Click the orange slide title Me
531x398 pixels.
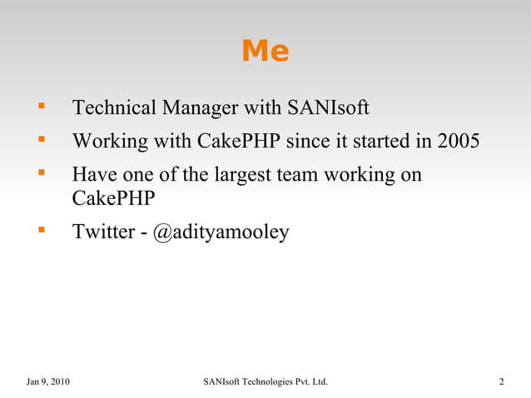[265, 52]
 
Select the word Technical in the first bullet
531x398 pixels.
[115, 108]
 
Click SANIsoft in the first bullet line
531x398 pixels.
[328, 108]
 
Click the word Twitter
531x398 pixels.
[103, 232]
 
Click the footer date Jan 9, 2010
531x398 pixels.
[48, 382]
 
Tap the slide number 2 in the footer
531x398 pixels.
[501, 382]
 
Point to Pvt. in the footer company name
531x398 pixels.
[307, 382]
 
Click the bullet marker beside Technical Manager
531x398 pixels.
[39, 107]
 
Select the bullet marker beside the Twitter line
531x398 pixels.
[39, 231]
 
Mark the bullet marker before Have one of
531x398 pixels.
[39, 175]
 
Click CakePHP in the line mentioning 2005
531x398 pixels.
[239, 142]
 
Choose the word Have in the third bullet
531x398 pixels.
[94, 176]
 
